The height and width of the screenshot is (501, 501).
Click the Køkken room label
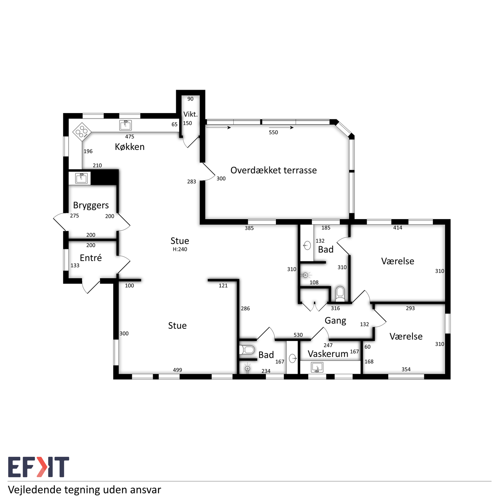pyautogui.click(x=130, y=147)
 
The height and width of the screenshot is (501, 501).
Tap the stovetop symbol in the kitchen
pyautogui.click(x=82, y=132)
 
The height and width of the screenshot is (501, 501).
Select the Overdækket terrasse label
pyautogui.click(x=274, y=170)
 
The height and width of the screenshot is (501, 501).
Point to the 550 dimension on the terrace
pyautogui.click(x=273, y=132)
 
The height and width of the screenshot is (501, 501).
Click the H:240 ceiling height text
pyautogui.click(x=180, y=249)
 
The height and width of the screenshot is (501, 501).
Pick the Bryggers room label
pyautogui.click(x=91, y=205)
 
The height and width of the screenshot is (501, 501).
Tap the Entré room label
pyautogui.click(x=91, y=258)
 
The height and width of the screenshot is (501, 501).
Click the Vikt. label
pyautogui.click(x=191, y=114)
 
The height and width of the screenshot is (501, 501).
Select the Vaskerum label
pyautogui.click(x=328, y=353)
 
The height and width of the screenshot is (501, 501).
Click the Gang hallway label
pyautogui.click(x=335, y=321)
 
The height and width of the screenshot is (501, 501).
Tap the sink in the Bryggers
pyautogui.click(x=81, y=178)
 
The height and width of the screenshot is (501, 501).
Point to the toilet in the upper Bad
pyautogui.click(x=340, y=294)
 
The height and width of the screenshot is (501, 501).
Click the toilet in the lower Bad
pyautogui.click(x=247, y=350)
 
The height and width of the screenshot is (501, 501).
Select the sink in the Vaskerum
pyautogui.click(x=317, y=368)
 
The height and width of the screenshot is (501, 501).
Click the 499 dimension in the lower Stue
pyautogui.click(x=177, y=370)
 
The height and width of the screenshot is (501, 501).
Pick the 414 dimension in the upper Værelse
pyautogui.click(x=398, y=228)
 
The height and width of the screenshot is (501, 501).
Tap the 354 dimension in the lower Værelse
pyautogui.click(x=406, y=369)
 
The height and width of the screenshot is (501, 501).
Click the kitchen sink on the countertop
pyautogui.click(x=125, y=125)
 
